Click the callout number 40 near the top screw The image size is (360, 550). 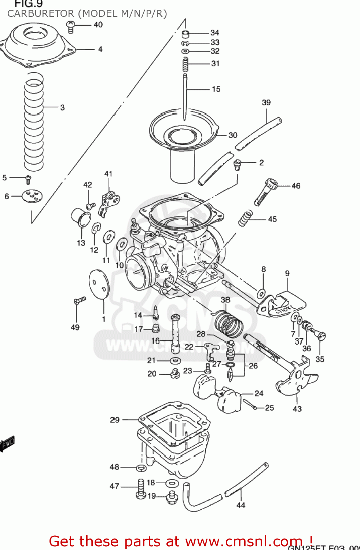click(x=98, y=25)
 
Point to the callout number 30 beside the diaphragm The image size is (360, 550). click(x=233, y=135)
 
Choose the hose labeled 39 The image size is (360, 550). click(x=258, y=134)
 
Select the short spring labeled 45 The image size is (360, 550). click(x=245, y=218)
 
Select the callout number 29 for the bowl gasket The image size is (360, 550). click(x=115, y=419)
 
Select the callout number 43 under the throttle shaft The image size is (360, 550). click(x=297, y=408)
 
